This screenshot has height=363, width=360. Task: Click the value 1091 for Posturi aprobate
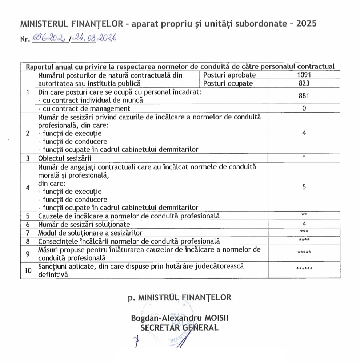pos(304,75)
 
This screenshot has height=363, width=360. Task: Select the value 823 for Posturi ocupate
pos(304,83)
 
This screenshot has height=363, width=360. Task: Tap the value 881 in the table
pos(304,96)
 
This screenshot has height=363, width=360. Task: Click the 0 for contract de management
pos(304,108)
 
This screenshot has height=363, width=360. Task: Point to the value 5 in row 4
pos(304,187)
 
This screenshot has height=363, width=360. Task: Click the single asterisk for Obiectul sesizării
pos(304,157)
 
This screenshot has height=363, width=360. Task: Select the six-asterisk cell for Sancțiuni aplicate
pos(304,270)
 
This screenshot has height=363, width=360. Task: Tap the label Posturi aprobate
pos(229,75)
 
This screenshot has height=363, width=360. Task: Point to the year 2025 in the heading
pos(307,24)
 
